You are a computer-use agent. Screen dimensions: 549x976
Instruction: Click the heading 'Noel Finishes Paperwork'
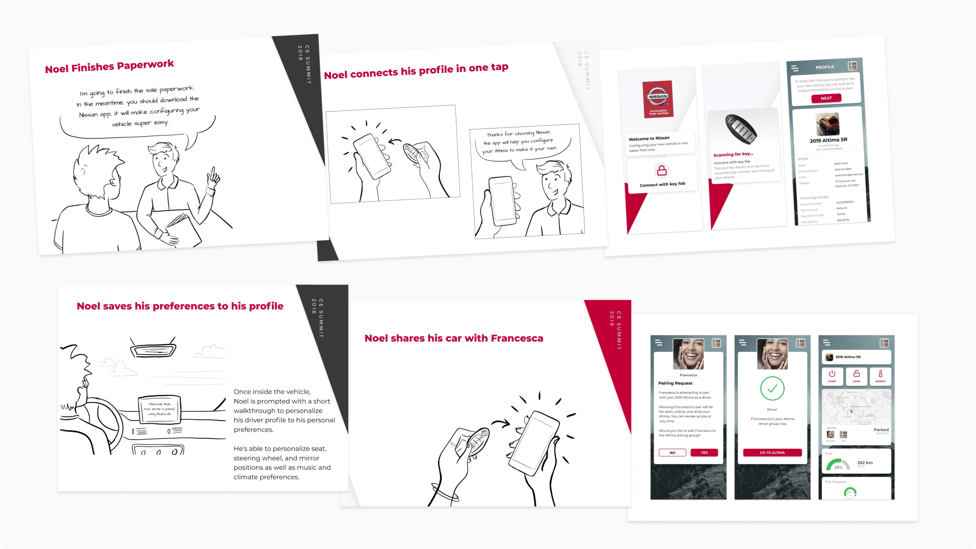pyautogui.click(x=109, y=66)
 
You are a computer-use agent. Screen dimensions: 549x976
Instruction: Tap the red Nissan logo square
pyautogui.click(x=658, y=99)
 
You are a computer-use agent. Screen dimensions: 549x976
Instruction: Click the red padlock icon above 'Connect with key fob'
pyautogui.click(x=662, y=170)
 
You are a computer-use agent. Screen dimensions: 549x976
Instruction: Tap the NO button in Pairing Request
pyautogui.click(x=672, y=453)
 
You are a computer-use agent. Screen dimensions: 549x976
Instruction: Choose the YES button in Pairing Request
pyautogui.click(x=704, y=453)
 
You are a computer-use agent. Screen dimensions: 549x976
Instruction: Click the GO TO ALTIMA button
pyautogui.click(x=772, y=453)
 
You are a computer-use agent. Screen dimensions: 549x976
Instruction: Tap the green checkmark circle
pyautogui.click(x=772, y=389)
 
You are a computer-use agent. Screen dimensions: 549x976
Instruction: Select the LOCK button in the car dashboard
pyautogui.click(x=856, y=376)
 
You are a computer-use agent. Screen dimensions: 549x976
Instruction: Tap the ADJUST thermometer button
pyautogui.click(x=880, y=376)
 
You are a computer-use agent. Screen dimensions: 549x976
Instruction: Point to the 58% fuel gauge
pyautogui.click(x=838, y=465)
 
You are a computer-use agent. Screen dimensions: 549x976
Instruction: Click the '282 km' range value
pyautogui.click(x=865, y=463)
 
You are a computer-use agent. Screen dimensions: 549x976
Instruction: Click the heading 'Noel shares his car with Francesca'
pyautogui.click(x=453, y=338)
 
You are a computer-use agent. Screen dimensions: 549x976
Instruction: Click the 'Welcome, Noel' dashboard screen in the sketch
pyautogui.click(x=159, y=409)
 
